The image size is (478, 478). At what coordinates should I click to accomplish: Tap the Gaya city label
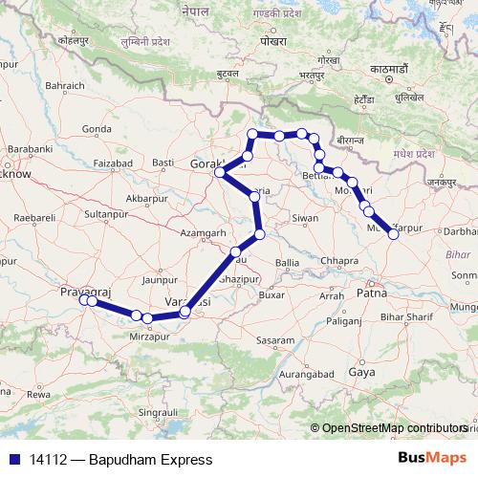(361, 371)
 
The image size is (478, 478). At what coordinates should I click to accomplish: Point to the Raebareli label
(28, 218)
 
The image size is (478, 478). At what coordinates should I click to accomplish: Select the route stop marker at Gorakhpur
(220, 172)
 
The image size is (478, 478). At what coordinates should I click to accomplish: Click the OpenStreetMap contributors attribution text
(394, 428)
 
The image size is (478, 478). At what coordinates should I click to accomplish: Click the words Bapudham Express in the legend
(150, 460)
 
